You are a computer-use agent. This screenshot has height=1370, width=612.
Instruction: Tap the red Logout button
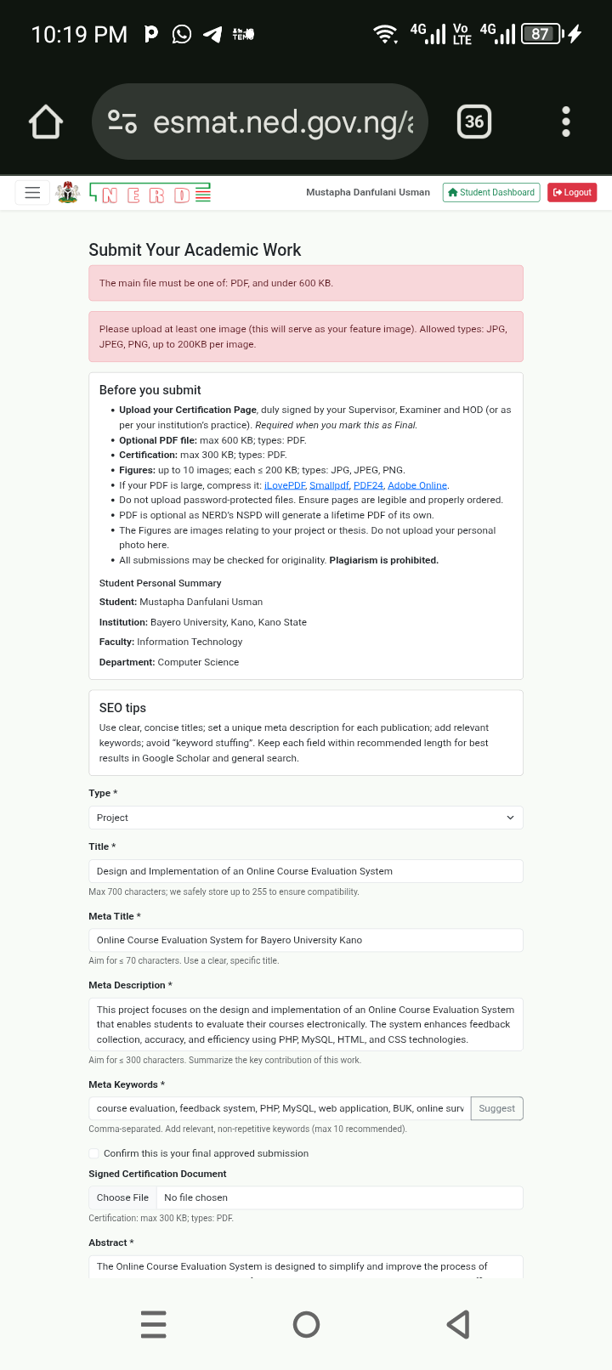[x=572, y=193]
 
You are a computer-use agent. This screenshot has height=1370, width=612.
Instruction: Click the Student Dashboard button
[x=491, y=193]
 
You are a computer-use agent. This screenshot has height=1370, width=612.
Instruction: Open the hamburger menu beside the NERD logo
[x=32, y=193]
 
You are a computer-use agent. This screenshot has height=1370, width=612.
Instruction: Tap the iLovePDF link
[x=285, y=485]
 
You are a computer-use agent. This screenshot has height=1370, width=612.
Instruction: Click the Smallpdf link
[x=329, y=485]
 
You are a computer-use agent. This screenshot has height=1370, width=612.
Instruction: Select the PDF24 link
[x=368, y=485]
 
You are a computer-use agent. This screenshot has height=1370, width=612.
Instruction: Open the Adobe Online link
[x=417, y=485]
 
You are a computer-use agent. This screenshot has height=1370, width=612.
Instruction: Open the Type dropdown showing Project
[x=305, y=818]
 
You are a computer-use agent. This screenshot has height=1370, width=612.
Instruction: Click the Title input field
[x=305, y=871]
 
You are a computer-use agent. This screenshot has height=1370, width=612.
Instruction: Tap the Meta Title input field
[x=305, y=940]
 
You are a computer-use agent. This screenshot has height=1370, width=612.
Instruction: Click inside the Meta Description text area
[x=305, y=1024]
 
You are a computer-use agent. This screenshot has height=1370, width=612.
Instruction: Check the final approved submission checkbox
[x=94, y=1153]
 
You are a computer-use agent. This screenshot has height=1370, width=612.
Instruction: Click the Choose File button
[x=122, y=1197]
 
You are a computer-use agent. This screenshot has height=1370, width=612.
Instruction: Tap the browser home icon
[x=46, y=122]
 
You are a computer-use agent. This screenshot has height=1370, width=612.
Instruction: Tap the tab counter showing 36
[x=474, y=122]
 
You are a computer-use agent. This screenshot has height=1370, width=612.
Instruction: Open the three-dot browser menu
[x=566, y=122]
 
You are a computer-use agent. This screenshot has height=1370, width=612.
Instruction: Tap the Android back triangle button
[x=458, y=1324]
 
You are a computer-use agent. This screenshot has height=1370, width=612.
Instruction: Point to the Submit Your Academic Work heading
[x=195, y=250]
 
